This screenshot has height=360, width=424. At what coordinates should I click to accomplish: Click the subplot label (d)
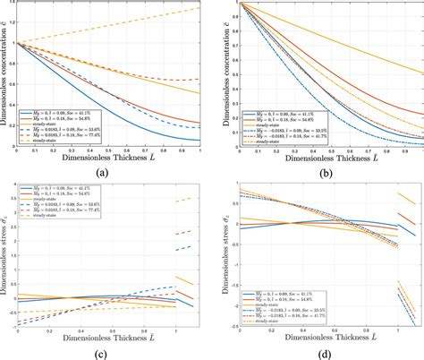(319, 352)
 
